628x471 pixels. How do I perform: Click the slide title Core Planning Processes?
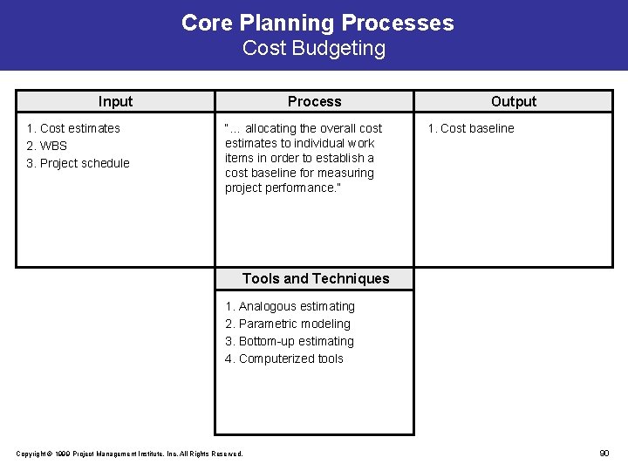pyautogui.click(x=317, y=23)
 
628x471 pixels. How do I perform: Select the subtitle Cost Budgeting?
pyautogui.click(x=314, y=48)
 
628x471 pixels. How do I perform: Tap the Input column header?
pyautogui.click(x=115, y=101)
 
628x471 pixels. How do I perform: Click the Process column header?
pyautogui.click(x=315, y=101)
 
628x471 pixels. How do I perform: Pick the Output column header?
pyautogui.click(x=514, y=101)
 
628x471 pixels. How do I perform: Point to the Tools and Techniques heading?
pyautogui.click(x=316, y=278)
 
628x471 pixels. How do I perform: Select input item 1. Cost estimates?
pyautogui.click(x=73, y=128)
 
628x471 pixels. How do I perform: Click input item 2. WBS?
pyautogui.click(x=46, y=146)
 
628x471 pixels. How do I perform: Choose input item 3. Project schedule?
pyautogui.click(x=78, y=163)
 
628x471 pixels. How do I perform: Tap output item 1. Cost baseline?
pyautogui.click(x=470, y=128)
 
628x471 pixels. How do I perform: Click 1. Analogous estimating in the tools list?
pyautogui.click(x=290, y=306)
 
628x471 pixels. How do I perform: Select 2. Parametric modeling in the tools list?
pyautogui.click(x=288, y=324)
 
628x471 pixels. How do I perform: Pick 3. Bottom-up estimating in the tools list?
pyautogui.click(x=290, y=341)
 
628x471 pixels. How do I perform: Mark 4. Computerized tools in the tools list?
pyautogui.click(x=284, y=358)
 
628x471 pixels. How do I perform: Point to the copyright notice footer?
pyautogui.click(x=130, y=454)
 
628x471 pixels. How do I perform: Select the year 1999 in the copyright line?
pyautogui.click(x=62, y=454)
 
